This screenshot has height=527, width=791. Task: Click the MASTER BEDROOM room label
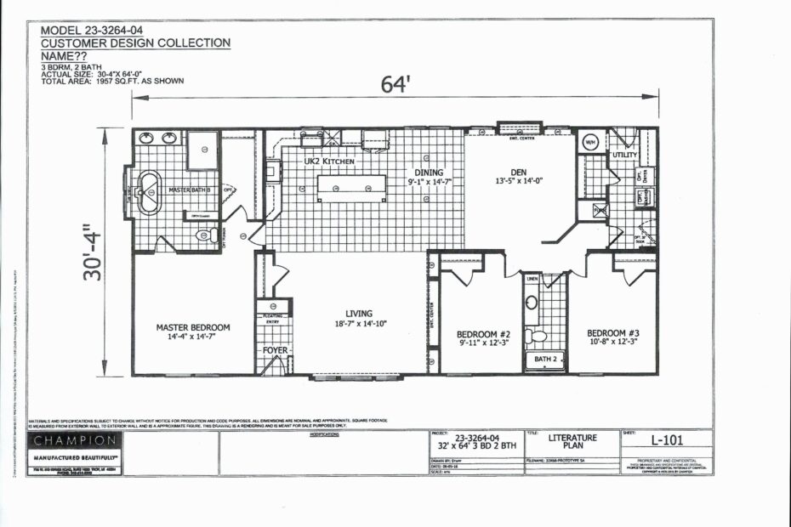coord(193,326)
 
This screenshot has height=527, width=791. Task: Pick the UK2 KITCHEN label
coord(329,160)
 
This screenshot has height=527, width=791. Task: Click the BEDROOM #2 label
coord(482,333)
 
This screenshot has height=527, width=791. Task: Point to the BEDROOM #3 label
coord(612,332)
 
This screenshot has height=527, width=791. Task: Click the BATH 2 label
coord(544,360)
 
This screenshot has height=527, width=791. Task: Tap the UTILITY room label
coord(624,156)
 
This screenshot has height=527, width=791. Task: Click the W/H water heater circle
coord(590,142)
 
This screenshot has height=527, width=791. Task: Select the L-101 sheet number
coord(668,440)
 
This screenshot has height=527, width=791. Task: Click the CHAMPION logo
coord(75,440)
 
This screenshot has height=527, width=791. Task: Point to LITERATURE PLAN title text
coord(572,441)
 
